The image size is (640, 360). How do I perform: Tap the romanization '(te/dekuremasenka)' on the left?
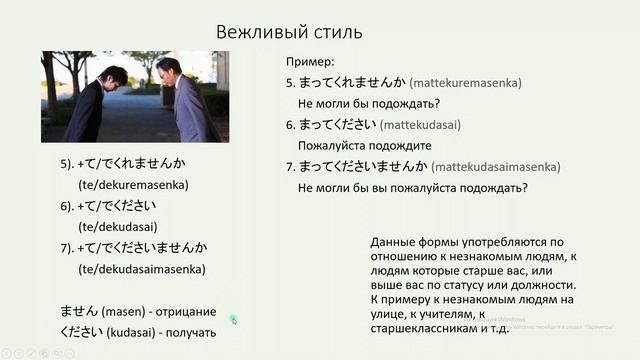pos(133,185)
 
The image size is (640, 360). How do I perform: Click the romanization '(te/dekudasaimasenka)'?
pos(141,269)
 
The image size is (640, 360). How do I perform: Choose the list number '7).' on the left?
pos(68,248)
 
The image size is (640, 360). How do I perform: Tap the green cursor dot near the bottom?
pos(233,319)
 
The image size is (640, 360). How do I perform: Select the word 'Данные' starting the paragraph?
pos(393,243)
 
